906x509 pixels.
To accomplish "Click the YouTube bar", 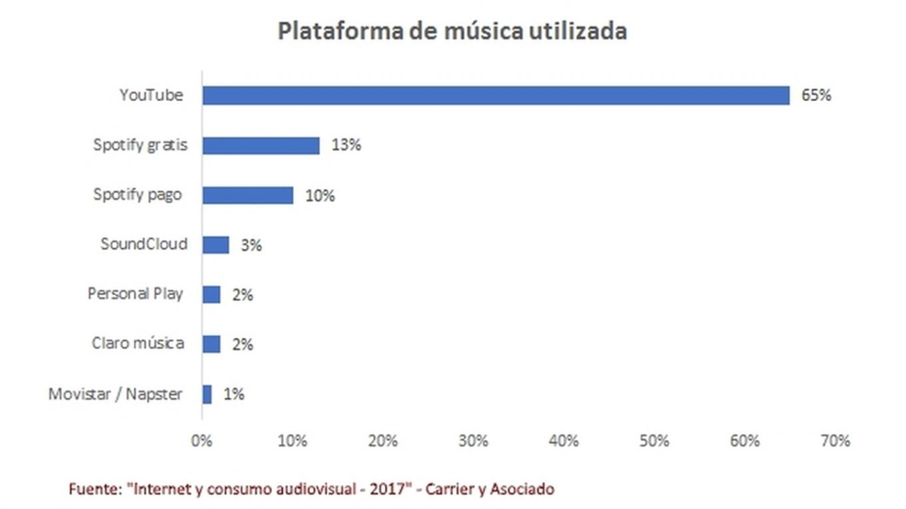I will coord(495,95).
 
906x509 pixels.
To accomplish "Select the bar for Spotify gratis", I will coord(260,145).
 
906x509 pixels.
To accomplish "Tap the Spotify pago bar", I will coord(248,195).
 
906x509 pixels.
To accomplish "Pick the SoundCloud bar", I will coord(215,245).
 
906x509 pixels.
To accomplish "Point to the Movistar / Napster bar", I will coord(207,394).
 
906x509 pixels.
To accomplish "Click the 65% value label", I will coord(816,95).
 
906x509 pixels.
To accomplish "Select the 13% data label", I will coord(346,145).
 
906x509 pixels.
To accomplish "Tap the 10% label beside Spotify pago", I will coord(319,196).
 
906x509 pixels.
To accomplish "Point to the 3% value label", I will coord(251,245).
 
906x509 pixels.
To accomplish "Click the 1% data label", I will coord(234,394).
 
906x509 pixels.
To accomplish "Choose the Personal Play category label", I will coord(135,293).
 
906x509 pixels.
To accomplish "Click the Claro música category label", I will coord(138,344).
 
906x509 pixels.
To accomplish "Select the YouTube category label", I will coord(151,95).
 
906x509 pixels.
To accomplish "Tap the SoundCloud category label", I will coord(144,245).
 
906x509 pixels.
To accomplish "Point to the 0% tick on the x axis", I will coord(202,441).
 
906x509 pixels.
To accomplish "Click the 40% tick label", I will coord(563,441).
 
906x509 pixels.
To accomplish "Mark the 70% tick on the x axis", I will coord(835,441).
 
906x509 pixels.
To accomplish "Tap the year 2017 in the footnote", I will coord(388,488).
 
